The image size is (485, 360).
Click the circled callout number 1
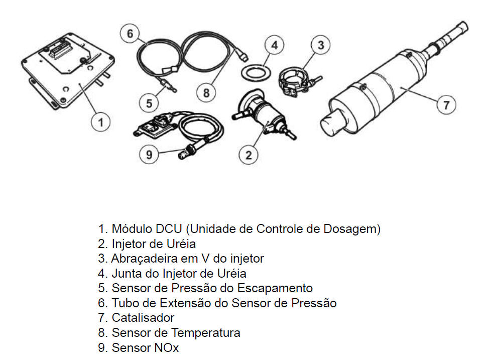tap(100, 122)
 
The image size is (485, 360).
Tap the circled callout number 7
tap(446, 104)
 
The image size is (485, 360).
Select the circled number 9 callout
tap(149, 154)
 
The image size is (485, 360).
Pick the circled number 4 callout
tap(274, 45)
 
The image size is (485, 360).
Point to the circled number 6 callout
tap(130, 34)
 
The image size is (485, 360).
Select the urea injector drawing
tap(264, 114)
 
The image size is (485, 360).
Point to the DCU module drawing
tap(68, 70)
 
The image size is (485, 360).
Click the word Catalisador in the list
tap(143, 318)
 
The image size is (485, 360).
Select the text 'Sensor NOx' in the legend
tap(145, 347)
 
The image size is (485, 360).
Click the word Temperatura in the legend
tap(206, 332)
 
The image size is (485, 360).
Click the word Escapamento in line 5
tap(275, 288)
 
